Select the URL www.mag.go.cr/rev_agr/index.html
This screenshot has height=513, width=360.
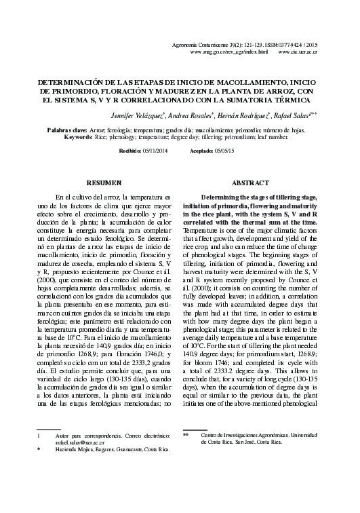point(229,52)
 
